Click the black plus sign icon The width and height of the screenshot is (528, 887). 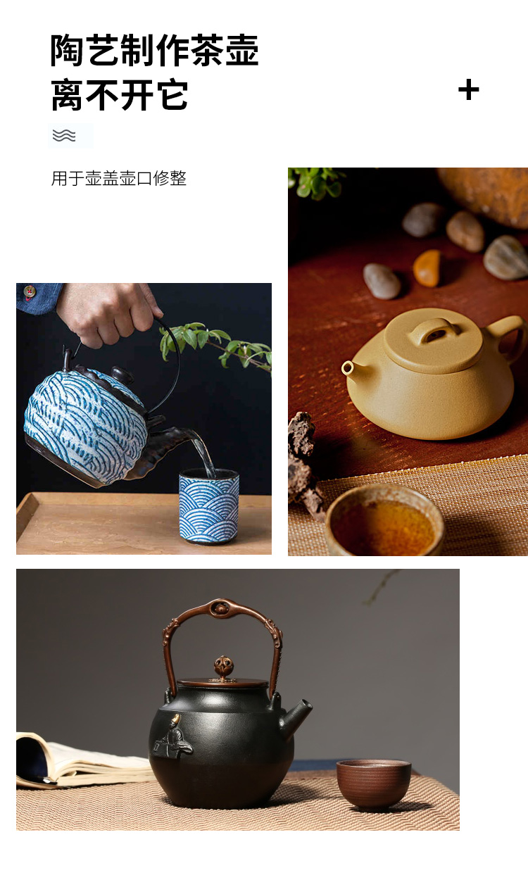(469, 89)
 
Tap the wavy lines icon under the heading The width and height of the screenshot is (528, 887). (64, 135)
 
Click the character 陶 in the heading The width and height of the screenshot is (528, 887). (66, 50)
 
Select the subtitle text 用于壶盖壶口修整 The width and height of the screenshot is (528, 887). (119, 178)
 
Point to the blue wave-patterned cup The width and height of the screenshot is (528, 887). (209, 505)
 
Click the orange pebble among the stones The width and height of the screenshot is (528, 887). (427, 268)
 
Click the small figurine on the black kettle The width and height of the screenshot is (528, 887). (172, 737)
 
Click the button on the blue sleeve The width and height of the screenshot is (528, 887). (30, 291)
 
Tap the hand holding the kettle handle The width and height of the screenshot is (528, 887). (108, 313)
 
